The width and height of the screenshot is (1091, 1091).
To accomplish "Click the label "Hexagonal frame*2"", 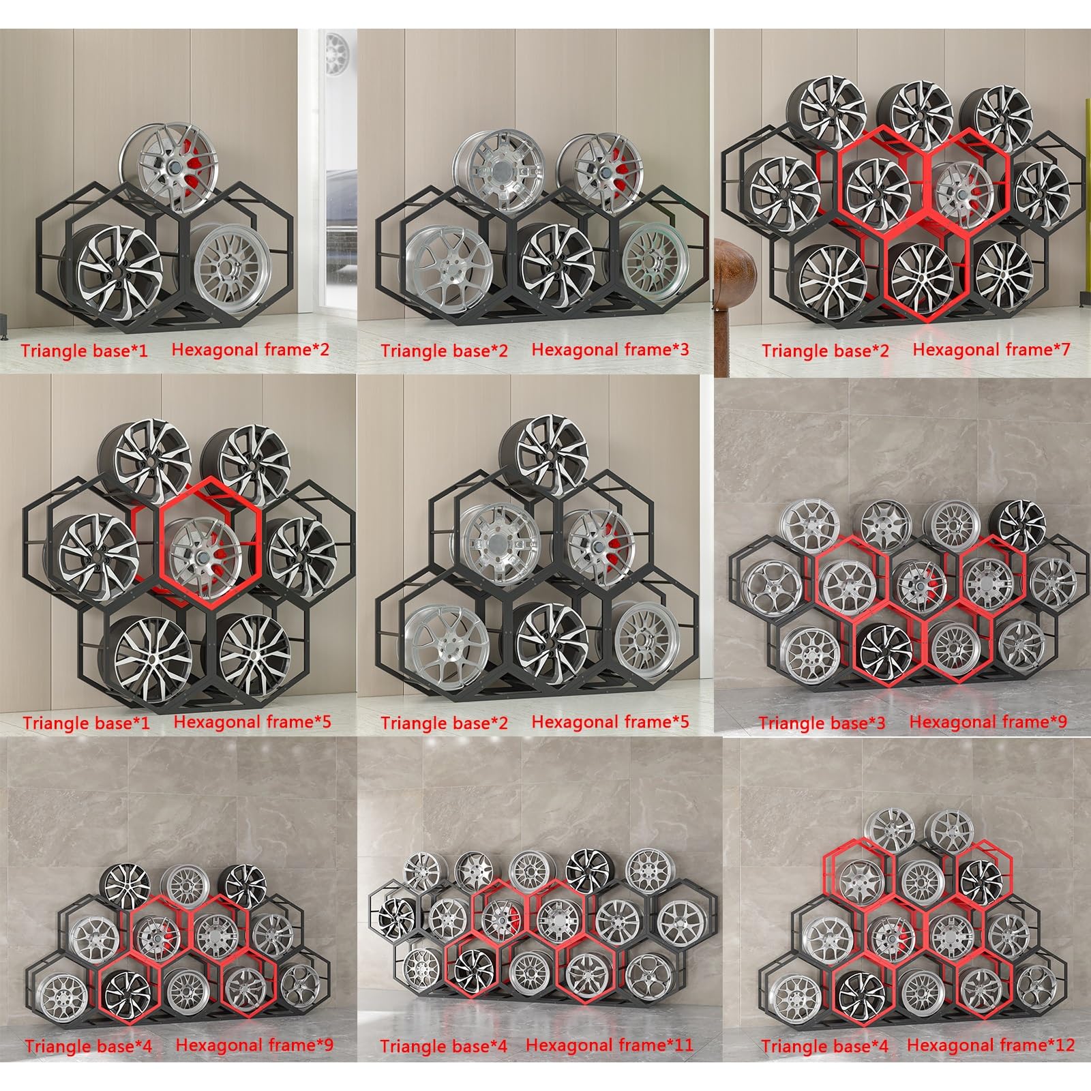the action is [250, 350].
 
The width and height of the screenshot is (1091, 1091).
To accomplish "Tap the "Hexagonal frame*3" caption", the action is [610, 350].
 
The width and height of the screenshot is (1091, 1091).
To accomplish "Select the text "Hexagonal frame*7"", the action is [991, 350].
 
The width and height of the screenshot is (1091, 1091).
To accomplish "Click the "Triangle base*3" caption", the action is [822, 723].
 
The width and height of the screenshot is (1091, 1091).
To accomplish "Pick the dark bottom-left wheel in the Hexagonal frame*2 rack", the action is [116, 269].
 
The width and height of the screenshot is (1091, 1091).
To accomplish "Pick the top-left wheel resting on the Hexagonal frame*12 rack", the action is [889, 828].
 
